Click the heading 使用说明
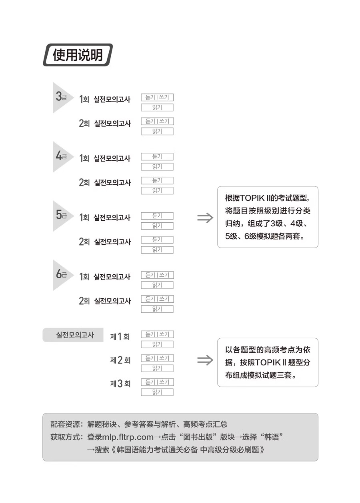tap(78, 55)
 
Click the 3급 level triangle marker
tap(61, 97)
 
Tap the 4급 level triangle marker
tap(61, 156)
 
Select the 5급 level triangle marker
tap(61, 216)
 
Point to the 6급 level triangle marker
tap(61, 275)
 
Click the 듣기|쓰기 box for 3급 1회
tap(157, 98)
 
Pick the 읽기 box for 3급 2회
tap(157, 132)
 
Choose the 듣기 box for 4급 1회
tap(157, 157)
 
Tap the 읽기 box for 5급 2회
tap(157, 250)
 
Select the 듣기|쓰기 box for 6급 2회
tap(157, 299)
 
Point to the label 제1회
tap(120, 337)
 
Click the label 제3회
tap(120, 384)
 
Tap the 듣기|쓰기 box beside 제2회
tap(157, 358)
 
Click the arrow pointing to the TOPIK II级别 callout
tap(205, 218)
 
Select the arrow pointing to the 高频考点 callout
tap(205, 360)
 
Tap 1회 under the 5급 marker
tap(84, 218)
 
